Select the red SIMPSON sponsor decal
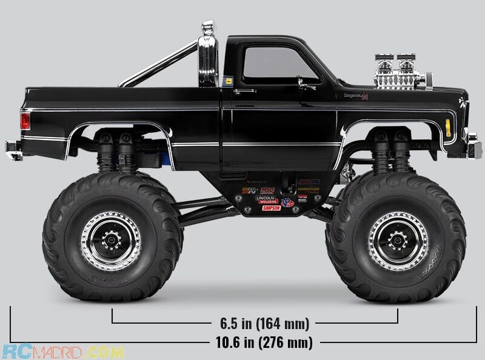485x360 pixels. (271, 208)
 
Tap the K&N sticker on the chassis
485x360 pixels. (249, 191)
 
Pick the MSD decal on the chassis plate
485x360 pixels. (267, 190)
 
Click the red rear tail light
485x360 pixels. (25, 121)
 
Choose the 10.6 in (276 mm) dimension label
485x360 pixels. (255, 342)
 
